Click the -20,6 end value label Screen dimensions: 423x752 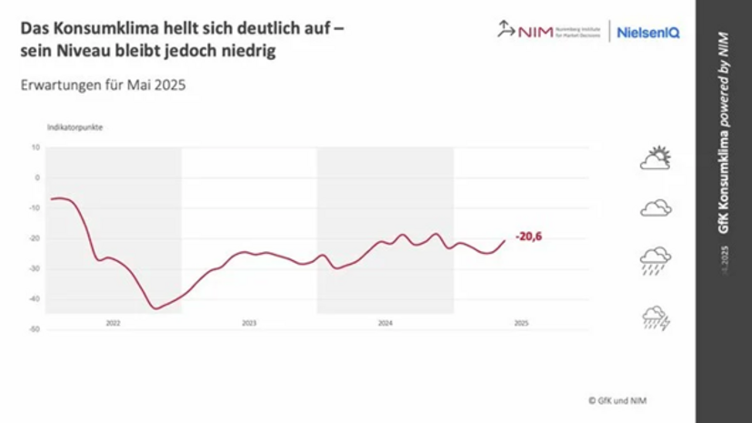tap(535, 237)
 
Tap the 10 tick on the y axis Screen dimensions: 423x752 tap(35, 146)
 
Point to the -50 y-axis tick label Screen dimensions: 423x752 tap(34, 329)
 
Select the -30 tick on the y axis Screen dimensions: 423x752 tap(34, 268)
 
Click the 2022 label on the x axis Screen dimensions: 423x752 tap(113, 323)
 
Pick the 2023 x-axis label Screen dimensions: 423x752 tap(249, 323)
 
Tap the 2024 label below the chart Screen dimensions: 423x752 tap(385, 323)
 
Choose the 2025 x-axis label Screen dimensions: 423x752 tap(521, 323)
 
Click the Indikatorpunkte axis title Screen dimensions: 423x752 tap(75, 127)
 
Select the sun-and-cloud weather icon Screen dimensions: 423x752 tap(656, 158)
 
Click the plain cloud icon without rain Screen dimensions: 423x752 tap(656, 208)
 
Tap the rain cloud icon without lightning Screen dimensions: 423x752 tap(656, 260)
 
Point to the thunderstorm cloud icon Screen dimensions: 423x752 tap(656, 317)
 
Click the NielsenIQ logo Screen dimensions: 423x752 tap(648, 32)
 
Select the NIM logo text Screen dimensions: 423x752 tap(536, 32)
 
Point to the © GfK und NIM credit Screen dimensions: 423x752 tap(617, 399)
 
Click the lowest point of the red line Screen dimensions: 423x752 tap(155, 308)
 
